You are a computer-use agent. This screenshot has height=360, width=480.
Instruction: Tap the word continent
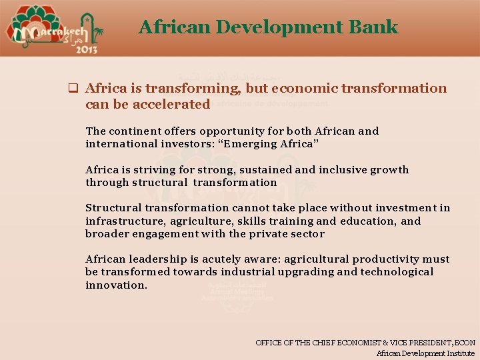coord(133,131)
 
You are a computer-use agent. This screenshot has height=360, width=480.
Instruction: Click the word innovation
coord(116,285)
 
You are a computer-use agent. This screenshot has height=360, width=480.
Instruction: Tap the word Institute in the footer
coord(457,353)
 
